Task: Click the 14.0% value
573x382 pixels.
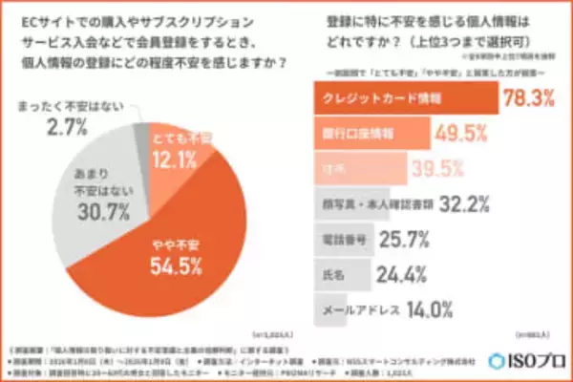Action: click(404, 308)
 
